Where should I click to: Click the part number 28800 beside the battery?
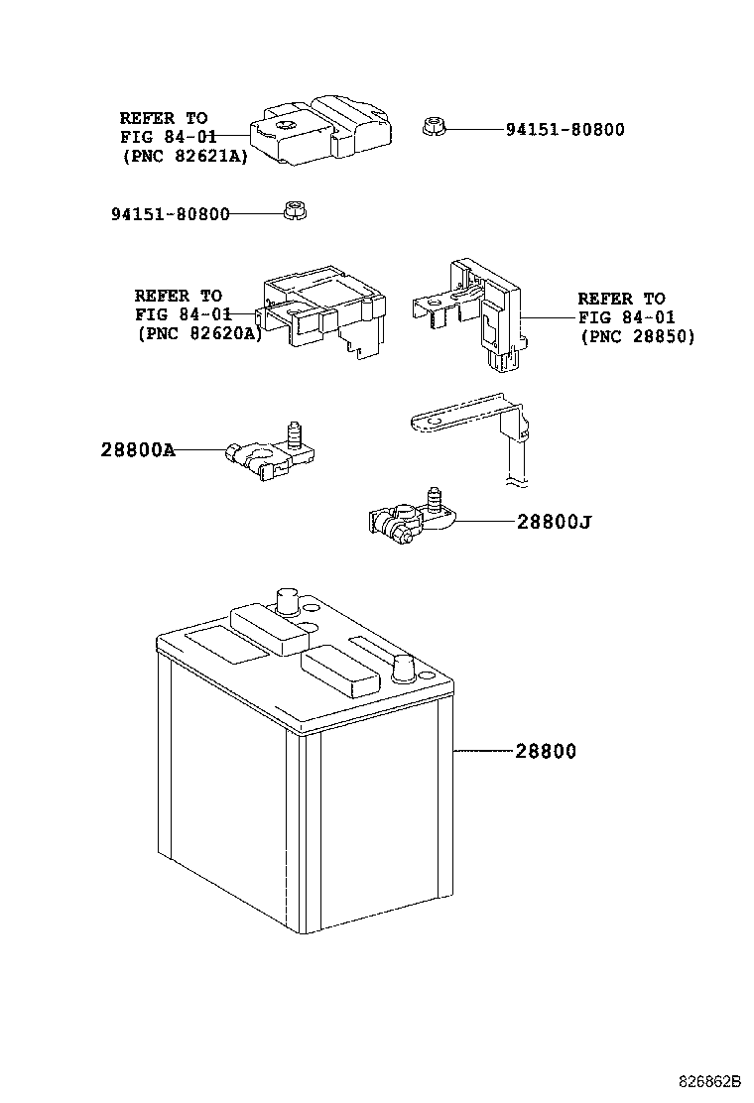tap(545, 751)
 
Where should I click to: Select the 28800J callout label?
tap(555, 522)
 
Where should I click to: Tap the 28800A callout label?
tap(138, 448)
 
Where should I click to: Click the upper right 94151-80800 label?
tap(565, 129)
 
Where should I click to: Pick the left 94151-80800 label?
tap(171, 214)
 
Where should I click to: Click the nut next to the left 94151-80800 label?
tap(295, 210)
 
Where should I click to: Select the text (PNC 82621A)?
tap(185, 156)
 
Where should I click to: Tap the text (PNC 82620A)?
tap(199, 333)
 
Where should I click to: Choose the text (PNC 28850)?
tap(637, 336)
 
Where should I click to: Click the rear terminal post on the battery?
tap(288, 601)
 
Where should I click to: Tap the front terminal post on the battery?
tap(403, 668)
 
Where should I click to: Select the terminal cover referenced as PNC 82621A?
tap(320, 130)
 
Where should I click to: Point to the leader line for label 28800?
tap(483, 751)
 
